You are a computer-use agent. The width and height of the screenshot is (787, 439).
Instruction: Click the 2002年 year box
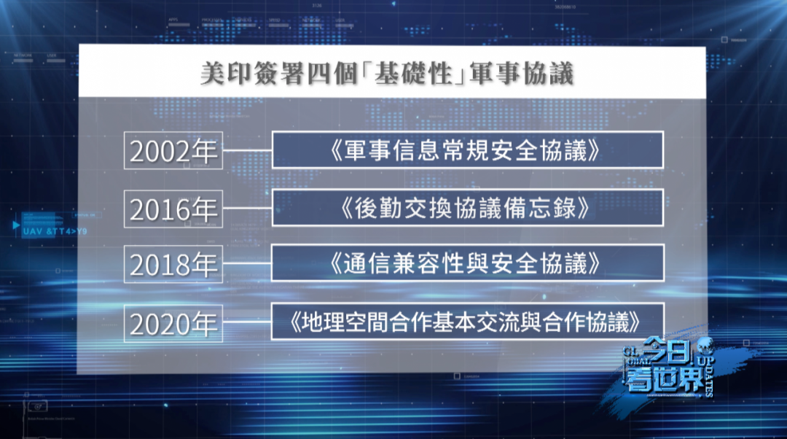pos(173,150)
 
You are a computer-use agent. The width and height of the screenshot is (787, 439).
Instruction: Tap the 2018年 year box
pos(173,264)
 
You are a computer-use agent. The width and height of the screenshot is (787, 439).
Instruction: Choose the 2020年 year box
pos(173,322)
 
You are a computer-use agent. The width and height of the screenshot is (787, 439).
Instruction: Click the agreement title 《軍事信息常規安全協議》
pos(467,150)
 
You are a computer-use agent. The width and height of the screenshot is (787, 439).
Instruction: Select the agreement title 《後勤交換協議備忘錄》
pos(467,208)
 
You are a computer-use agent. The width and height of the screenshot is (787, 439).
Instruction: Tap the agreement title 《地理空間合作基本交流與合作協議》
pos(467,322)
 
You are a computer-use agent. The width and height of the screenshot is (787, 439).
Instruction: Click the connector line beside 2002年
pos(248,151)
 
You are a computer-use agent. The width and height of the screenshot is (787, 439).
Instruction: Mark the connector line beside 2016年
pos(248,208)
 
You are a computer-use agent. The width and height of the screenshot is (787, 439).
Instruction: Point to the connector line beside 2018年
pos(248,264)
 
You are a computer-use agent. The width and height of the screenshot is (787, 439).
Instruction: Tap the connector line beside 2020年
pos(248,322)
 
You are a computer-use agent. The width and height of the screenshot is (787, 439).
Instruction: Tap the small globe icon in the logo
pos(705,346)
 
